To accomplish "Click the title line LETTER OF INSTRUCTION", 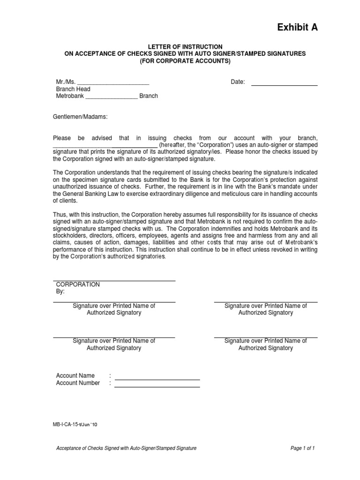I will point(185,47).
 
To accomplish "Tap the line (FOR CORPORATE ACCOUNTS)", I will point(185,61).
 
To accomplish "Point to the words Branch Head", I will point(73,89).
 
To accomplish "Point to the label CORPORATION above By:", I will point(78,285).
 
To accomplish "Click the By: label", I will point(60,292).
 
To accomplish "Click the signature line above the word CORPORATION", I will point(114,280).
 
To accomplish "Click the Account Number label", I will point(78,383).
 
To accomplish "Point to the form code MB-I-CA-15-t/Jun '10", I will point(75,424).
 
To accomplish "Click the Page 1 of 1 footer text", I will point(302,448).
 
